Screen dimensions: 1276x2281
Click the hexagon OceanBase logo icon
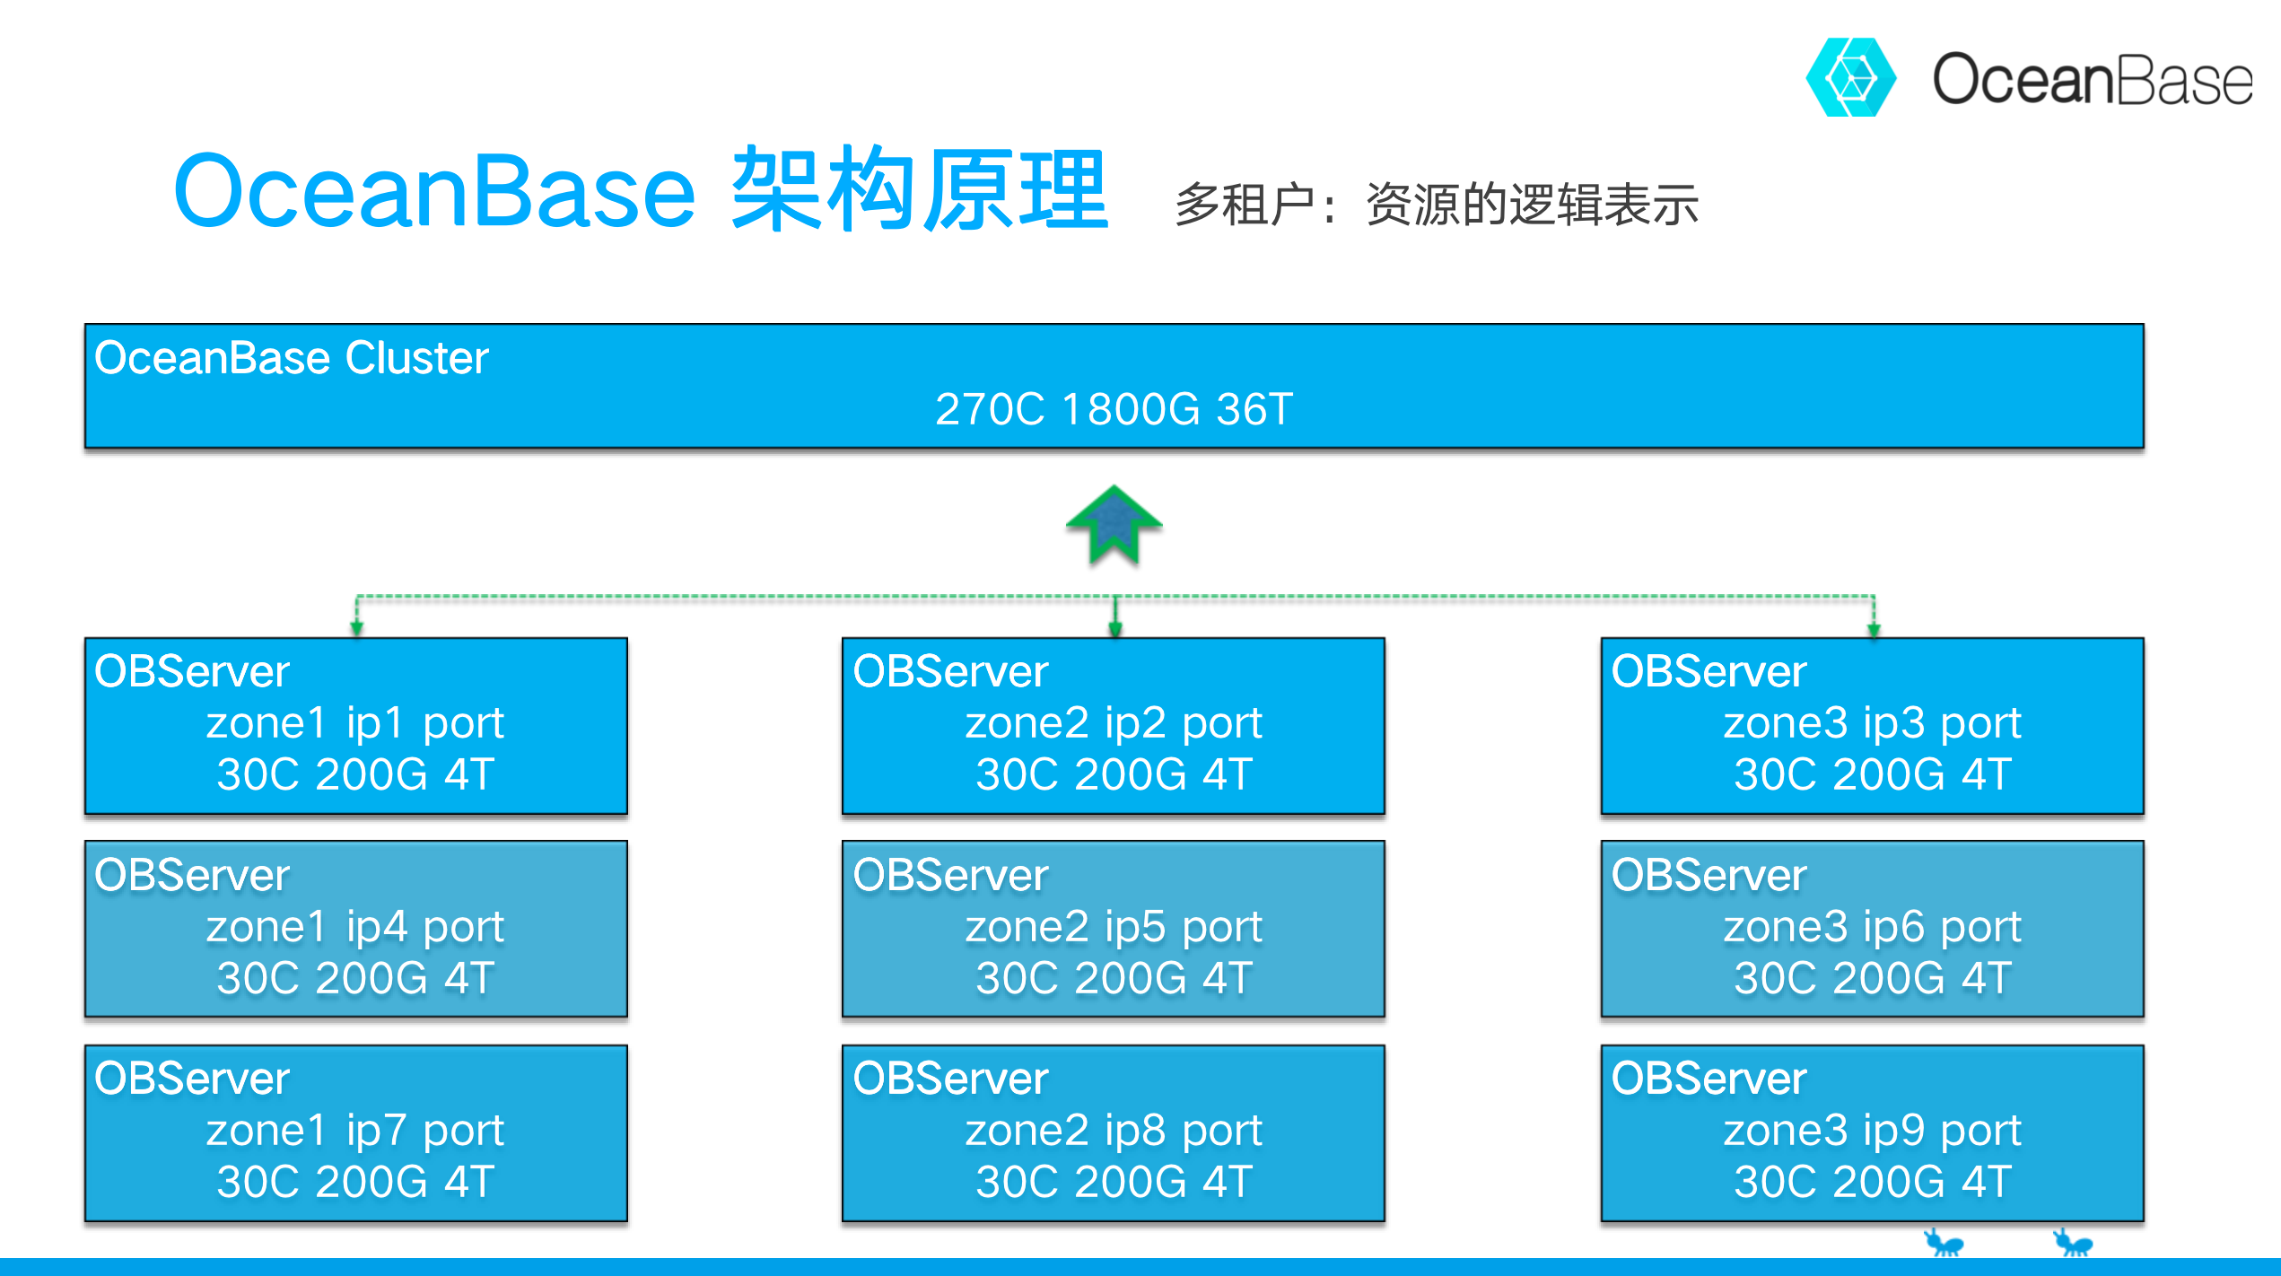pyautogui.click(x=1850, y=77)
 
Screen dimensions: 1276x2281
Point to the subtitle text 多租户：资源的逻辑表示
pyautogui.click(x=1436, y=205)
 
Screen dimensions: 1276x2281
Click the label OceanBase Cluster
pyautogui.click(x=291, y=358)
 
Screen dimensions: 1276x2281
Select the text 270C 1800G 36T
pyautogui.click(x=1114, y=409)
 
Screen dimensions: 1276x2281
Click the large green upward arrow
pyautogui.click(x=1114, y=525)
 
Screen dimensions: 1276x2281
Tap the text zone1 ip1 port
pyautogui.click(x=355, y=723)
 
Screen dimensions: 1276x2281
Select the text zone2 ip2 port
pyautogui.click(x=1114, y=723)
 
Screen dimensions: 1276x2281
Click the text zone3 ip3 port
pyautogui.click(x=1872, y=723)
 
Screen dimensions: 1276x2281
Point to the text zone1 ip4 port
pyautogui.click(x=355, y=927)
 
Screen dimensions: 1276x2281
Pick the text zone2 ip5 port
pyautogui.click(x=1114, y=927)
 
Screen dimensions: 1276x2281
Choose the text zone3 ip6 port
pyautogui.click(x=1872, y=927)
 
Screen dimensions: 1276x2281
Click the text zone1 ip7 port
pyautogui.click(x=355, y=1131)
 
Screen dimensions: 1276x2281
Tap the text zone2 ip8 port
pyautogui.click(x=1114, y=1131)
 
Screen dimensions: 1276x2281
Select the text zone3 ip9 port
pyautogui.click(x=1872, y=1131)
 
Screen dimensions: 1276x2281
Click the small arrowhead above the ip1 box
pyautogui.click(x=357, y=628)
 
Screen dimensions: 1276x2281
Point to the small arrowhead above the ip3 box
pyautogui.click(x=1874, y=628)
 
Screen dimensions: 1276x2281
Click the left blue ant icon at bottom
pyautogui.click(x=1944, y=1243)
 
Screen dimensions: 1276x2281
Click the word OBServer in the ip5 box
pyautogui.click(x=950, y=876)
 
